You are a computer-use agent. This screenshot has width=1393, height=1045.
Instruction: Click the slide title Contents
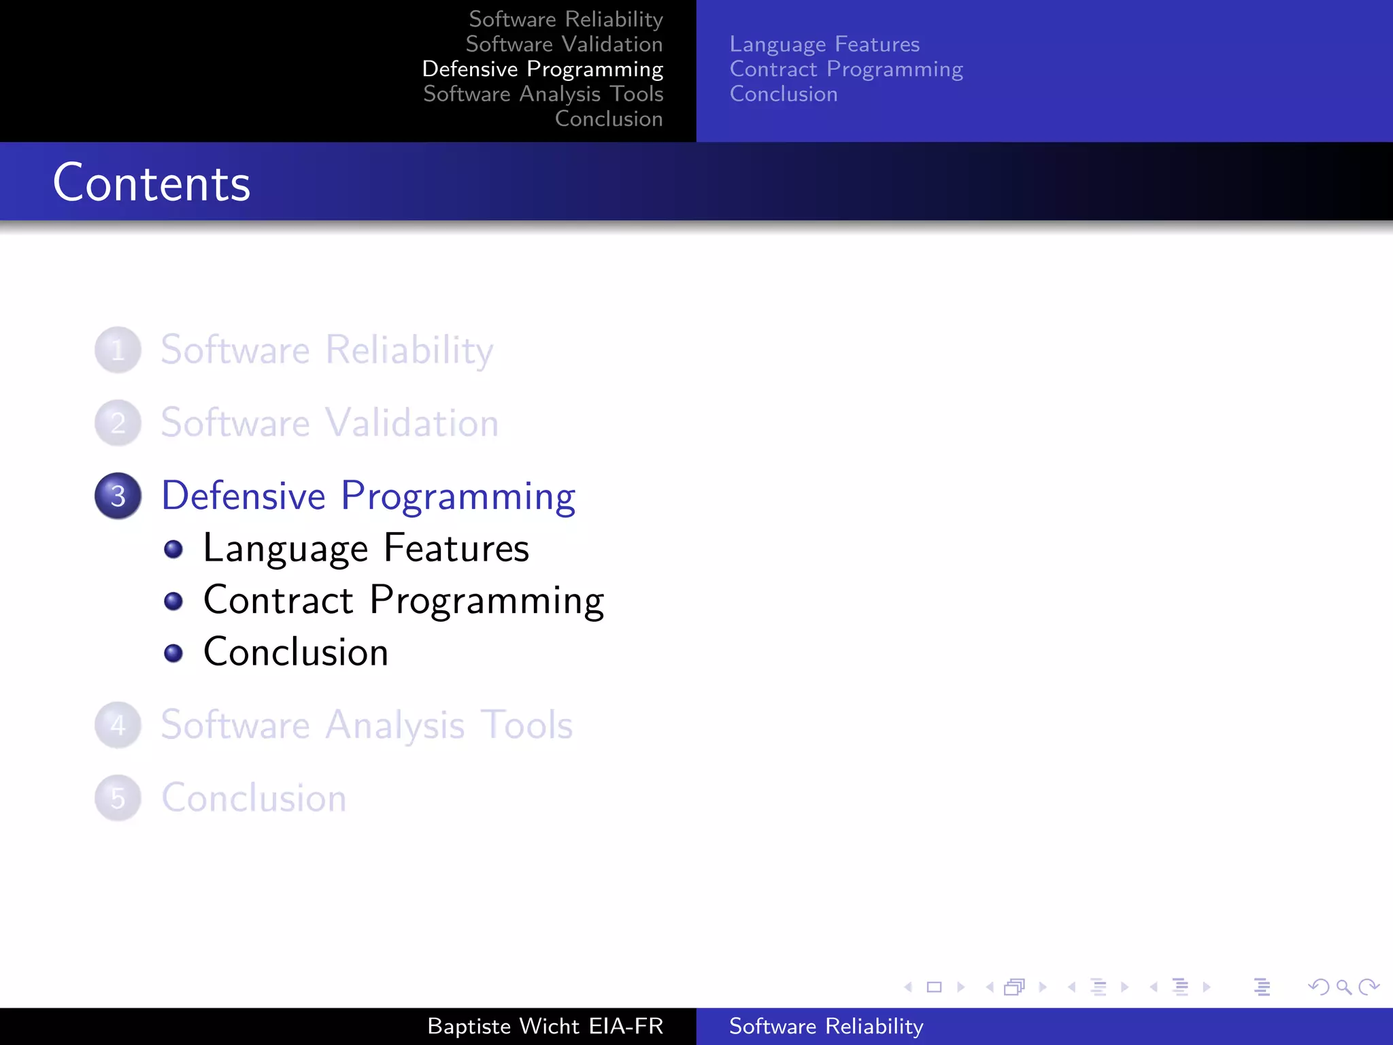[152, 183]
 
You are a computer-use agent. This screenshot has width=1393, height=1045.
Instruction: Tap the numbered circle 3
[118, 496]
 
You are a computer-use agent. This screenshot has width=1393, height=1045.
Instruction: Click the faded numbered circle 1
[118, 350]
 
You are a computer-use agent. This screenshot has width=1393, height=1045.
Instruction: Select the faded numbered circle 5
[118, 798]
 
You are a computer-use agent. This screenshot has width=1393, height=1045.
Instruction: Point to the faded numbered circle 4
[118, 725]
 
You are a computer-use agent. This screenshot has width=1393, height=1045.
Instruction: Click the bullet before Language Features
[173, 549]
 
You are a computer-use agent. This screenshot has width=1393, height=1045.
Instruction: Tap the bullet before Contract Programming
[173, 601]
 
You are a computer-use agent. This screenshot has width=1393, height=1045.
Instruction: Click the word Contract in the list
[278, 600]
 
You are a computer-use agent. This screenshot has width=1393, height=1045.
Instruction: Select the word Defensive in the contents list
[244, 495]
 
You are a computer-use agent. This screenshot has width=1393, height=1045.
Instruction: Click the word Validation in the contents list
[412, 422]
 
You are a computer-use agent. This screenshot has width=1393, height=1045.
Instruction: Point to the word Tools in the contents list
[526, 725]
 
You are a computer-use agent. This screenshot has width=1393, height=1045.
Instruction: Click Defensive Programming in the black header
[542, 69]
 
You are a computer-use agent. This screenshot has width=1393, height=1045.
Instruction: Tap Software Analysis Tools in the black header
[543, 94]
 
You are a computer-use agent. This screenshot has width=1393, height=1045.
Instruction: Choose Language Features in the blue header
[824, 44]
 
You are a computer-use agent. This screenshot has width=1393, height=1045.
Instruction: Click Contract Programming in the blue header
[846, 69]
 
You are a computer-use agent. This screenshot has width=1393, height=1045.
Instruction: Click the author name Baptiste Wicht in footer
[503, 1026]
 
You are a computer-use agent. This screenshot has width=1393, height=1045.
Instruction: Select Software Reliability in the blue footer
[826, 1026]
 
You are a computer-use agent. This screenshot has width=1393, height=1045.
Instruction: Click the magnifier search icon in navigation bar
[1343, 987]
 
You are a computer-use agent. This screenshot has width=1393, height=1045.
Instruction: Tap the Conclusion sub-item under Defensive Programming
[296, 652]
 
